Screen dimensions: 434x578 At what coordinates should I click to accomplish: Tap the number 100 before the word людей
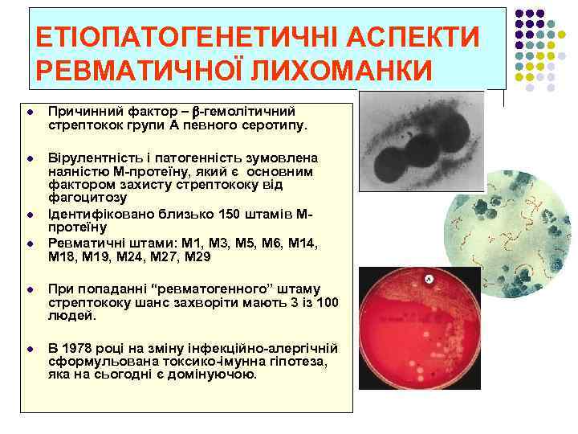pos(328,302)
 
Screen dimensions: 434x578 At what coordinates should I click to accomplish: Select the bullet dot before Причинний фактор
pos(28,112)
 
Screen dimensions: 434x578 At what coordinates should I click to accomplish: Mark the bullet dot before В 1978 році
pos(28,348)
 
